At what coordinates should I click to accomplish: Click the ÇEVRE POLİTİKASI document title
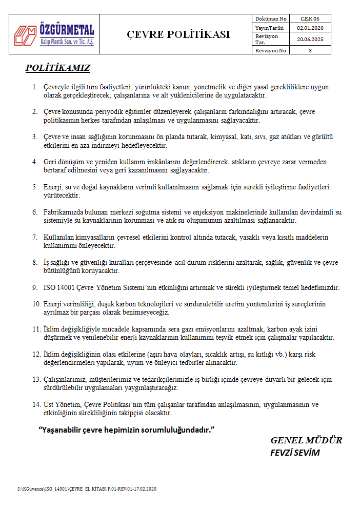pyautogui.click(x=178, y=35)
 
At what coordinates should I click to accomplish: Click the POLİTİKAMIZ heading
pyautogui.click(x=58, y=68)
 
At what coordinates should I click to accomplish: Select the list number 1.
pyautogui.click(x=34, y=88)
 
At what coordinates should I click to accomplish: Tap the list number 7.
pyautogui.click(x=34, y=238)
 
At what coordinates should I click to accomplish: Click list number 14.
pyautogui.click(x=36, y=405)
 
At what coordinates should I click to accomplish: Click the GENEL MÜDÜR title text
pyautogui.click(x=306, y=440)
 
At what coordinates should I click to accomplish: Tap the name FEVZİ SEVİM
pyautogui.click(x=294, y=453)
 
